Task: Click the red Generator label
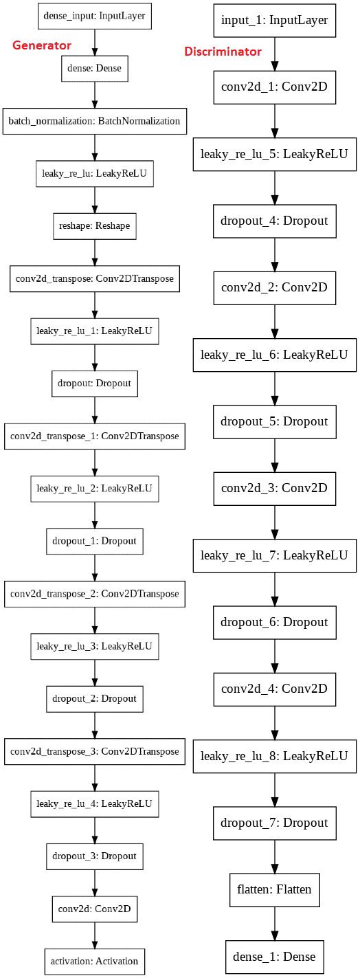(x=42, y=45)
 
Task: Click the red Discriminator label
(x=223, y=52)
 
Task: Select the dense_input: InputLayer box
(x=94, y=15)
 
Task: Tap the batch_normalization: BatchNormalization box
(x=94, y=121)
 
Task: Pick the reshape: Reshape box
(x=94, y=225)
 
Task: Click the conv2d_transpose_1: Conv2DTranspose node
(x=94, y=436)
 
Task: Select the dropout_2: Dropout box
(x=94, y=698)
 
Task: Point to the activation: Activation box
(x=94, y=961)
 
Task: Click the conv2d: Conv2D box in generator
(x=94, y=909)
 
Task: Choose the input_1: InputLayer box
(x=275, y=21)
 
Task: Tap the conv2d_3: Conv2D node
(x=275, y=489)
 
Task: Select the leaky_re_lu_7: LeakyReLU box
(x=275, y=555)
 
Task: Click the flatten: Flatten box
(x=275, y=889)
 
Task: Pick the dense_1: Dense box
(x=275, y=956)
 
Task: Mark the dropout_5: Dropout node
(x=275, y=421)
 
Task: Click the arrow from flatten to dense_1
(x=275, y=923)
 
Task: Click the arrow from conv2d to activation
(x=94, y=935)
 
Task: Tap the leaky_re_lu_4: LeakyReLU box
(x=94, y=803)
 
